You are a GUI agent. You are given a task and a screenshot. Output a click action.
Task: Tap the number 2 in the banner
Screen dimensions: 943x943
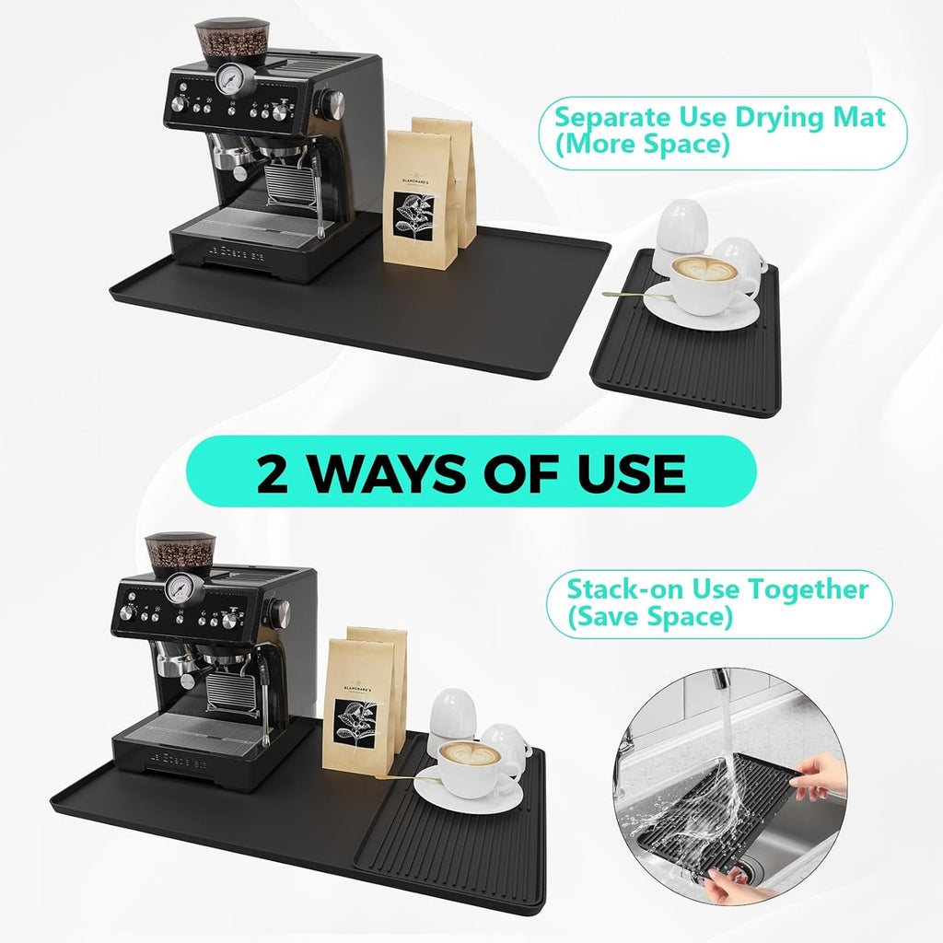click(x=275, y=472)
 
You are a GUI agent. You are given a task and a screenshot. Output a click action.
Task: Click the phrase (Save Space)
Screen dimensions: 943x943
click(x=649, y=617)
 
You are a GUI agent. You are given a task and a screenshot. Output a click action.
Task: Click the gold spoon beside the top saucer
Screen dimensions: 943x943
click(x=626, y=294)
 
